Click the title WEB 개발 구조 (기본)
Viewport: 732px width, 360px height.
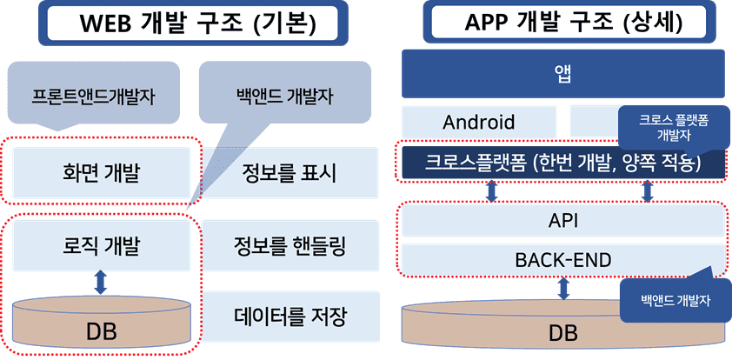click(196, 24)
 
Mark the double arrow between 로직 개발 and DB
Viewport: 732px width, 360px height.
click(101, 282)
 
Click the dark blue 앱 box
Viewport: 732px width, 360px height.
click(562, 74)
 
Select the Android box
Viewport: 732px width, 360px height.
click(479, 122)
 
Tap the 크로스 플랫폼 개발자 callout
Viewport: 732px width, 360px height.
click(672, 128)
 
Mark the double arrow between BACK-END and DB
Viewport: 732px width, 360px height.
click(563, 289)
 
